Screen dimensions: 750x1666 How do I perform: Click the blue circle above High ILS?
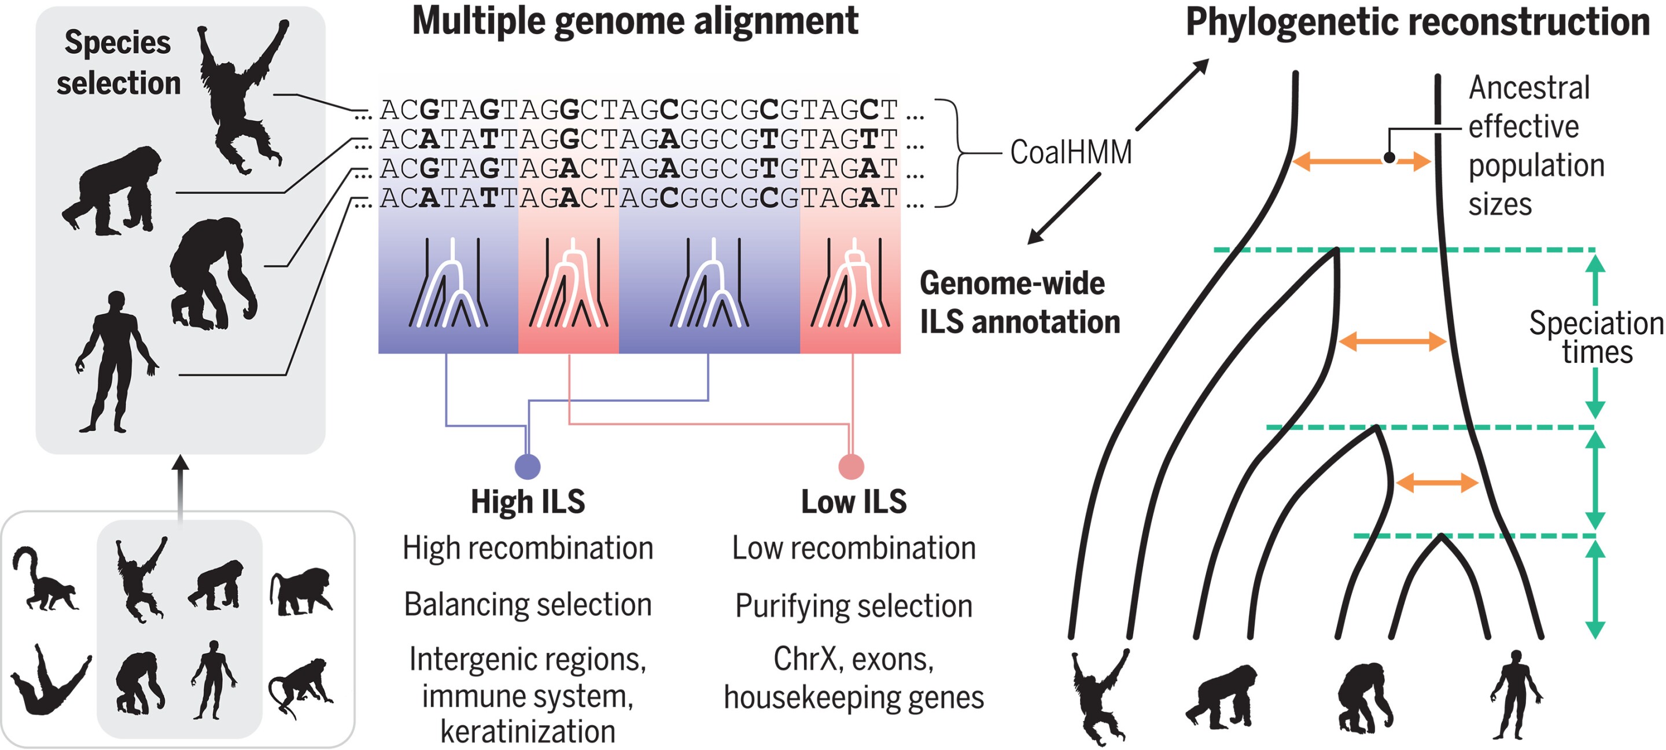(x=527, y=466)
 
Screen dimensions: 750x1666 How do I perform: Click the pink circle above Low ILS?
(x=851, y=466)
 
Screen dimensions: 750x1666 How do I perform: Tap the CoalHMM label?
(x=1070, y=152)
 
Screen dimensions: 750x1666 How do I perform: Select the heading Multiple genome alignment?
(x=635, y=21)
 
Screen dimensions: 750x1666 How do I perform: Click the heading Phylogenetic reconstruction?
(x=1417, y=22)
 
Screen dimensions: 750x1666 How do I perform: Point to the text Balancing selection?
(x=528, y=604)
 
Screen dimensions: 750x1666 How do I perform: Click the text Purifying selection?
(x=854, y=606)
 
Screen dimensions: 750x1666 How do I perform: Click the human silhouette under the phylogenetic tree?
(x=1517, y=696)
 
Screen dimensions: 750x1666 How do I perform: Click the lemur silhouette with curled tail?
(x=44, y=580)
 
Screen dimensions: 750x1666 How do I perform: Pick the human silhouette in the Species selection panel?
(x=116, y=362)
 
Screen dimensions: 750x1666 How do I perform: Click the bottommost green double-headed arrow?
(x=1595, y=589)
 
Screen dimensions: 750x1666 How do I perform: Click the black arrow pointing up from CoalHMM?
(x=1172, y=94)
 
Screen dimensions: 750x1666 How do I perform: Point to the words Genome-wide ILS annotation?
(x=1019, y=302)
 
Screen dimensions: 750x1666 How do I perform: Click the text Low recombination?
(x=854, y=548)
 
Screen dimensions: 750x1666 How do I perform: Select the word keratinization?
(x=528, y=731)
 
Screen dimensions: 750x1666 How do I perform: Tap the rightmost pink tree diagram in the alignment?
(x=850, y=285)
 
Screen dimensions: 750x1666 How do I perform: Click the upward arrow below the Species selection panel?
(x=181, y=486)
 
